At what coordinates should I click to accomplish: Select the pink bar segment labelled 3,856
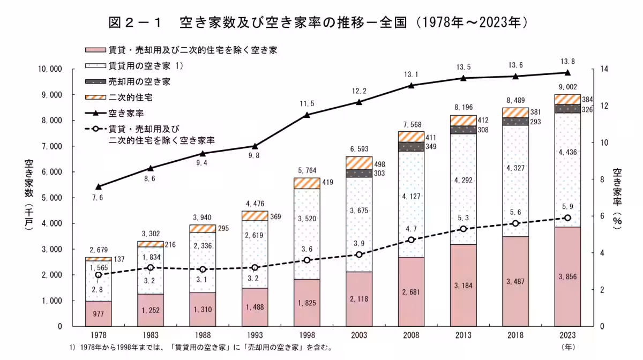pyautogui.click(x=567, y=276)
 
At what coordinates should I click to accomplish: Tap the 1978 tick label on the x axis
pyautogui.click(x=98, y=335)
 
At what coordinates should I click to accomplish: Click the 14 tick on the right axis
pyautogui.click(x=605, y=69)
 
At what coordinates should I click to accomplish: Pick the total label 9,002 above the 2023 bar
pyautogui.click(x=567, y=87)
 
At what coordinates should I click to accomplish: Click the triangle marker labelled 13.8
pyautogui.click(x=567, y=73)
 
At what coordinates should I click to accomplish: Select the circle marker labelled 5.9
pyautogui.click(x=567, y=217)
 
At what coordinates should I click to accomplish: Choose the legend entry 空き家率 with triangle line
pyautogui.click(x=126, y=113)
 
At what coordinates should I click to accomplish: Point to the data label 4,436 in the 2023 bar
pyautogui.click(x=567, y=153)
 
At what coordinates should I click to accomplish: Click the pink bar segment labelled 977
pyautogui.click(x=98, y=313)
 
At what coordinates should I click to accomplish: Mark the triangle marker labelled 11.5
pyautogui.click(x=307, y=115)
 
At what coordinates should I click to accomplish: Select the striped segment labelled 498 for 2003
pyautogui.click(x=359, y=163)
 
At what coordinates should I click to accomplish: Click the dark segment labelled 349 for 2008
pyautogui.click(x=411, y=146)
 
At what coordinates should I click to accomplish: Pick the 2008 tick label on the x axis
pyautogui.click(x=411, y=335)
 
